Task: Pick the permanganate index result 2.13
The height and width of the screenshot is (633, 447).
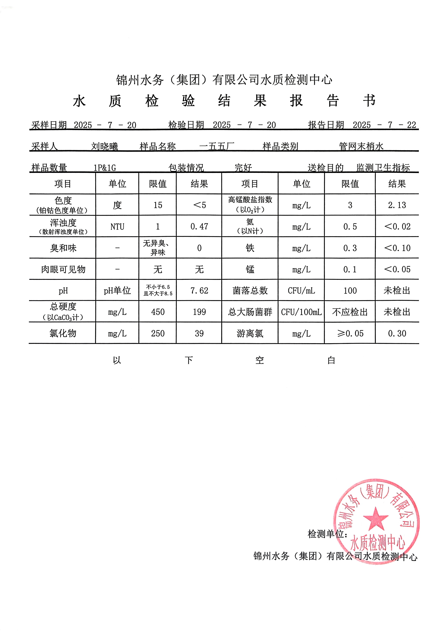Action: click(397, 205)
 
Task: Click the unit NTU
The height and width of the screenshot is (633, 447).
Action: click(117, 227)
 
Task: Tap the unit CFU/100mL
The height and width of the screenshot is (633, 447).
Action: click(301, 312)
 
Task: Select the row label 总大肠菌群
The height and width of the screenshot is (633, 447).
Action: click(250, 312)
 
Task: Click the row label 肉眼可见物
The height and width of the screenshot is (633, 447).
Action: click(63, 269)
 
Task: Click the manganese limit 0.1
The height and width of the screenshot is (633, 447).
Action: click(350, 269)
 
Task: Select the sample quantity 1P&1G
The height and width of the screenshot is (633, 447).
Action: click(105, 168)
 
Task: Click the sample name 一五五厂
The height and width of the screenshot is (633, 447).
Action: click(216, 146)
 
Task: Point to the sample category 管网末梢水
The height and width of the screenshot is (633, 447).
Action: click(361, 146)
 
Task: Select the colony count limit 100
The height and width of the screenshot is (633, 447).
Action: click(350, 291)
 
